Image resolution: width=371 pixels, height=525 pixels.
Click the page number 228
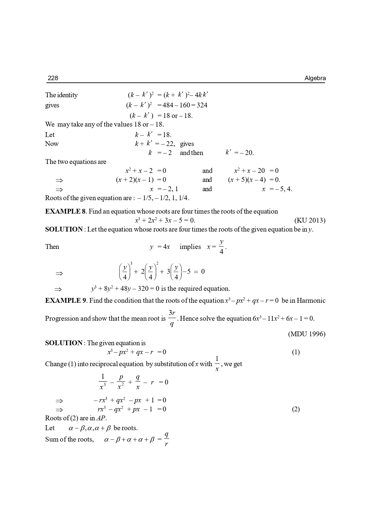point(53,78)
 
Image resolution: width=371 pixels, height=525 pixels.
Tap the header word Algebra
point(315,78)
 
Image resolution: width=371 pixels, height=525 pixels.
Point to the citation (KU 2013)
point(310,220)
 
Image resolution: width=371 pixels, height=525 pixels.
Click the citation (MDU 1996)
point(307,334)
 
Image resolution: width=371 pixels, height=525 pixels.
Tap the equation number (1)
point(296,352)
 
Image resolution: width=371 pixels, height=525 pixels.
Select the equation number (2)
point(296,409)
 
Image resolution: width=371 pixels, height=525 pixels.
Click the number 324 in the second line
point(202,105)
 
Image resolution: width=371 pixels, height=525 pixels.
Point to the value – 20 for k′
point(247,153)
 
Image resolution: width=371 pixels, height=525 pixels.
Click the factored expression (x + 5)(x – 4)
point(247,180)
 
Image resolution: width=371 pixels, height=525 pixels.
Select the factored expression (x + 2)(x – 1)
point(135,180)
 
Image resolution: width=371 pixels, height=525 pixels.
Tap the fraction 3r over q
point(172,318)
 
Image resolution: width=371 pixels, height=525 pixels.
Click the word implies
point(190,247)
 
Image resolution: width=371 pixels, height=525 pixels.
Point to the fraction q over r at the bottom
point(167,439)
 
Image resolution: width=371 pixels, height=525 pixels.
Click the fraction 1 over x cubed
point(103,382)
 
